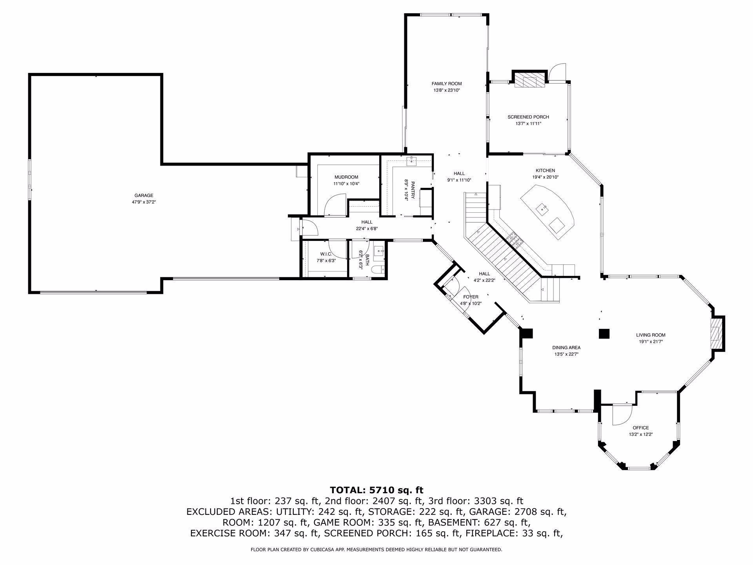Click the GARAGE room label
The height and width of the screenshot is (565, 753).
pyautogui.click(x=144, y=195)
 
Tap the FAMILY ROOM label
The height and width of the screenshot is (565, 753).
pyautogui.click(x=447, y=84)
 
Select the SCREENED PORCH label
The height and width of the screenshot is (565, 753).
pyautogui.click(x=528, y=117)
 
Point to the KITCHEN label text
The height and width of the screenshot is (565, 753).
pyautogui.click(x=545, y=171)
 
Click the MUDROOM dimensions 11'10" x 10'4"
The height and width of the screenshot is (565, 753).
pyautogui.click(x=346, y=184)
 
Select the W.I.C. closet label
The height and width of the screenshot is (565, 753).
pyautogui.click(x=326, y=254)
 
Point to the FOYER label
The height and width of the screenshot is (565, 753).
pyautogui.click(x=471, y=297)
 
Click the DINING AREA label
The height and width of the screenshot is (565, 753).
pyautogui.click(x=566, y=348)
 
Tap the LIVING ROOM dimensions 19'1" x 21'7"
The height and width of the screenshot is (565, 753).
pyautogui.click(x=651, y=342)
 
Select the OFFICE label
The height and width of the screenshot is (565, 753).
pyautogui.click(x=640, y=428)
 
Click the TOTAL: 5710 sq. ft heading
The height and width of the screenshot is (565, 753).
pyautogui.click(x=376, y=490)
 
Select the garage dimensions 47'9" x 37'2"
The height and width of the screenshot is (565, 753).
pyautogui.click(x=144, y=202)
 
